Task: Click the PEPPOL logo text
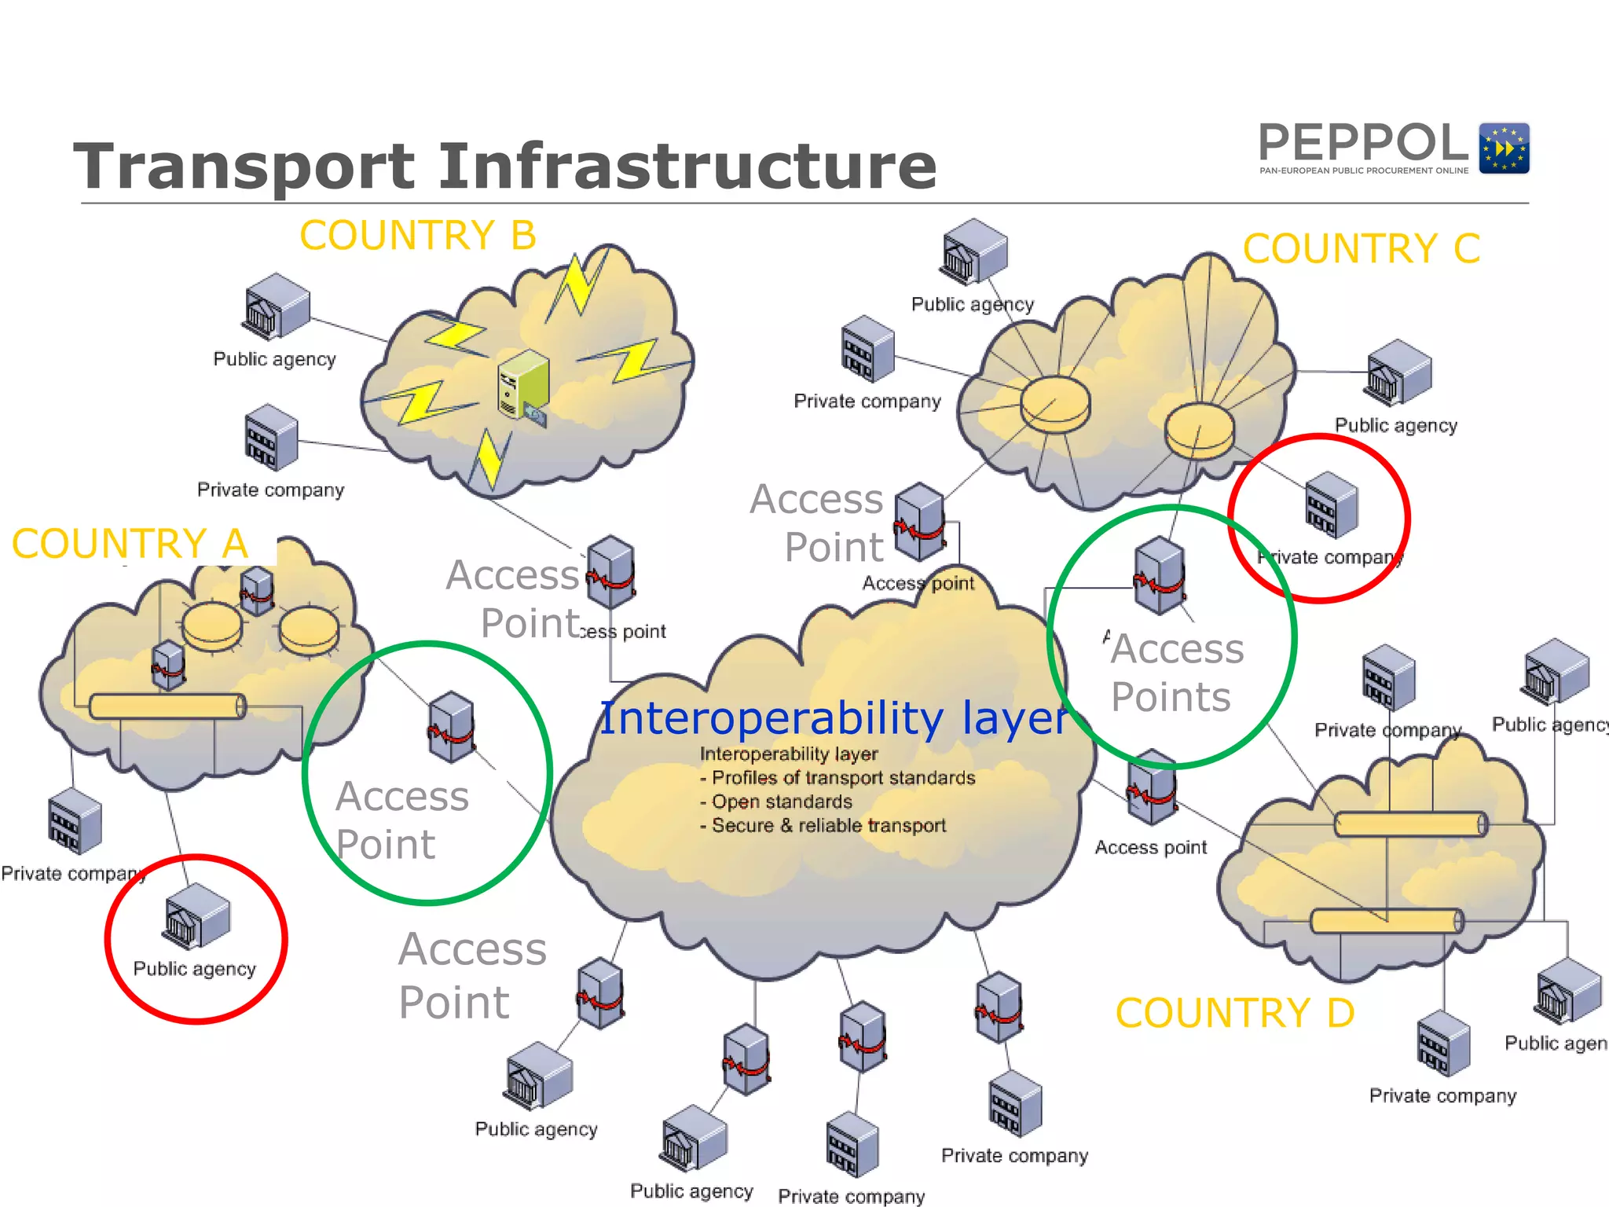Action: click(1363, 143)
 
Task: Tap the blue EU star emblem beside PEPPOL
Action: click(1504, 148)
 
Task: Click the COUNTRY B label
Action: click(418, 235)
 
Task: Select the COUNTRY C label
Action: click(1362, 249)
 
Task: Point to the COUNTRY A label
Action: click(130, 544)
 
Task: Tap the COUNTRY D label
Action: click(1235, 1013)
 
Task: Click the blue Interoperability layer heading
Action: click(833, 718)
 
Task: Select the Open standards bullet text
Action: click(781, 802)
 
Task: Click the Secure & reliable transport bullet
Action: click(828, 826)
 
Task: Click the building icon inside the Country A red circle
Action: click(196, 915)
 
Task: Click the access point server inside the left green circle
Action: click(452, 727)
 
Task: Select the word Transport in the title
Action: click(244, 167)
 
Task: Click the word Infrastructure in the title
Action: click(687, 167)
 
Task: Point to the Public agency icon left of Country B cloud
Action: click(276, 306)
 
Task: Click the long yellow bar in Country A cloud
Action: click(167, 706)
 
